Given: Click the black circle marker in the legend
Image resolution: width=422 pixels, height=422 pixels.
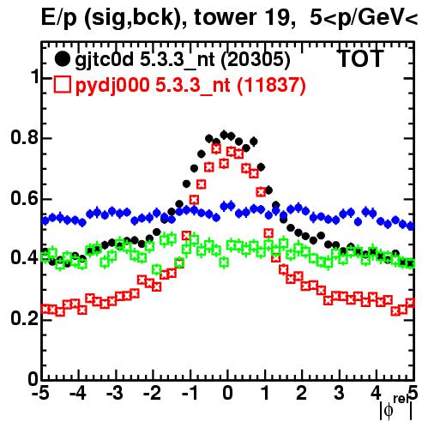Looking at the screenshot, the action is [62, 59].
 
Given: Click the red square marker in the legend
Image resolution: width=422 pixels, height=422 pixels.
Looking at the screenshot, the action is [62, 85].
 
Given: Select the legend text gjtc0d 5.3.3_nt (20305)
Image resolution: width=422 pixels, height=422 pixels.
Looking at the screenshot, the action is [183, 60].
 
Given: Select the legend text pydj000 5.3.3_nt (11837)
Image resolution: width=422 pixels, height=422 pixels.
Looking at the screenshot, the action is [190, 86].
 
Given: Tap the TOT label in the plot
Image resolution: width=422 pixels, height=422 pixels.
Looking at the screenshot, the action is [360, 59].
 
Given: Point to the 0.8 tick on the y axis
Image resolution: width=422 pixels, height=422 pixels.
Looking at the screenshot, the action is [24, 137].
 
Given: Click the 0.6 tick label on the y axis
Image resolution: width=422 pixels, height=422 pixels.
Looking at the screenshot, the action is [24, 198].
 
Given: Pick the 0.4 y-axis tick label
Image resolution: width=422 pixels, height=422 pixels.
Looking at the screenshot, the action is [24, 257].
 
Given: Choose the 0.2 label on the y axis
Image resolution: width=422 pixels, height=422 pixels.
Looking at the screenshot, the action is [24, 318].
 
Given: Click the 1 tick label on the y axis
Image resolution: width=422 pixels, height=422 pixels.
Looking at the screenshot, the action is [35, 76].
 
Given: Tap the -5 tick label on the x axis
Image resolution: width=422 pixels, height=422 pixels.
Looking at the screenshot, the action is [42, 393].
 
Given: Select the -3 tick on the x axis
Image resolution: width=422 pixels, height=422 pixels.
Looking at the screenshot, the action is [116, 393].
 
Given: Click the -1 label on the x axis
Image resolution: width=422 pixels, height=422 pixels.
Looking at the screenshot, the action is [190, 393].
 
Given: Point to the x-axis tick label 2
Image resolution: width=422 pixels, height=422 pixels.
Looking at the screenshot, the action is [301, 393].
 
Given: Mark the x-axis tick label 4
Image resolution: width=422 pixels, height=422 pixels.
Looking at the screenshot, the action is [376, 393].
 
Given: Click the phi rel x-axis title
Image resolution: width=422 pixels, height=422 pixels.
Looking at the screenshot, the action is [396, 407].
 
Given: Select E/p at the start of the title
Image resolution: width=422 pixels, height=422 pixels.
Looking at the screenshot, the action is [59, 19].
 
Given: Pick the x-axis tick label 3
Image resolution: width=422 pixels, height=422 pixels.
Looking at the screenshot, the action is [339, 393].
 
